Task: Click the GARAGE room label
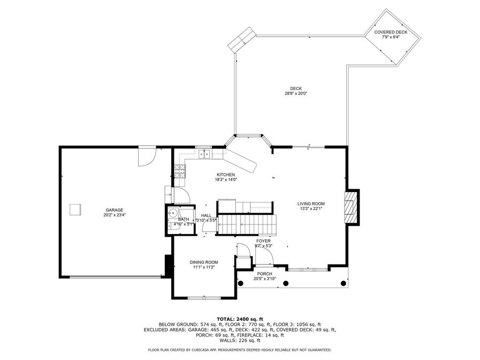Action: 114,210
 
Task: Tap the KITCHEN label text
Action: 225,175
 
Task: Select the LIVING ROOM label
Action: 311,204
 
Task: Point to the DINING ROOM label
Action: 204,262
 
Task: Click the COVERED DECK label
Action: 390,32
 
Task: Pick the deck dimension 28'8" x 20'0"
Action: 295,93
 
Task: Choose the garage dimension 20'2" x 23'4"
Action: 114,215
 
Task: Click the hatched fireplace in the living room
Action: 351,206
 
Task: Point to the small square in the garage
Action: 76,210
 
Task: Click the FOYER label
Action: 263,241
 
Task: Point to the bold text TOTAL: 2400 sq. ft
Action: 240,318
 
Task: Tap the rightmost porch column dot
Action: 341,283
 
